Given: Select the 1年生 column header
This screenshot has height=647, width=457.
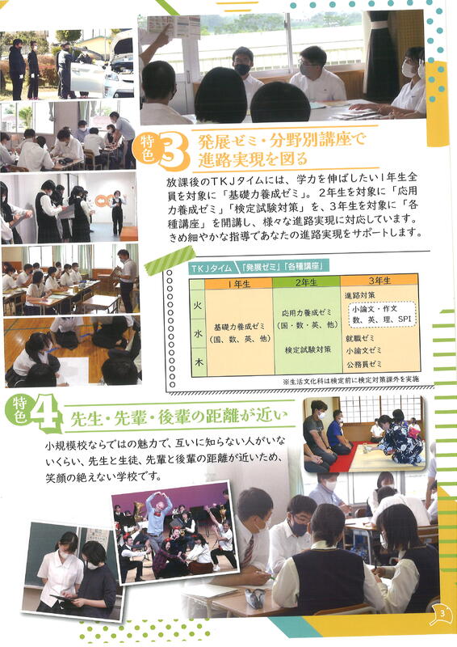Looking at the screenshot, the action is [239, 283].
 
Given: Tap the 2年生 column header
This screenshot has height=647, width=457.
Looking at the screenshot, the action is [306, 282].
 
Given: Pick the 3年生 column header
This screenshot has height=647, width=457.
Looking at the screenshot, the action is [379, 281].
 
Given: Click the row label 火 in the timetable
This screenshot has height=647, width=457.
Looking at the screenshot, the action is [198, 306].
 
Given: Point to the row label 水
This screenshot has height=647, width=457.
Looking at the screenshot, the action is [198, 334].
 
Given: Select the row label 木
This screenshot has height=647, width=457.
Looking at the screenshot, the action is [199, 362].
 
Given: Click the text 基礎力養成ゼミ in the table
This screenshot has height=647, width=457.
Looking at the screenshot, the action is [239, 327].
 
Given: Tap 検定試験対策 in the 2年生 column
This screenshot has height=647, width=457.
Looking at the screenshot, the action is [308, 350].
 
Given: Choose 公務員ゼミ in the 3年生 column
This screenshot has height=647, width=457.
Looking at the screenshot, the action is [363, 363].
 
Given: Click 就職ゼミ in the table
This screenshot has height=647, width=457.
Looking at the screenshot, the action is [360, 338].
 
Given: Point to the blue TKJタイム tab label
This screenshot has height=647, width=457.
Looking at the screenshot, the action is [210, 268].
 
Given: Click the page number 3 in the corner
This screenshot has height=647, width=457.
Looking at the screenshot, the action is [442, 613].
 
